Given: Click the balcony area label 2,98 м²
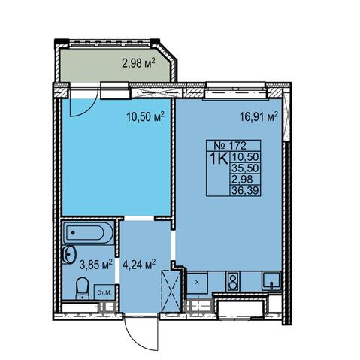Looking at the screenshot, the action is point(138,63).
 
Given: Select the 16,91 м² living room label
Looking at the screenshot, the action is point(259,116).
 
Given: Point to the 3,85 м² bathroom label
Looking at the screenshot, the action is point(95,265).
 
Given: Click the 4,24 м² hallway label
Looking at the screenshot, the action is point(139,265).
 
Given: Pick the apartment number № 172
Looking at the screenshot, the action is point(230,145).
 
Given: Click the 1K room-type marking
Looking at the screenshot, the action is point(219,159).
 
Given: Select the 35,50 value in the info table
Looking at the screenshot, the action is point(245,168).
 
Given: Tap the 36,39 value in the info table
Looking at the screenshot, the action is point(245,191).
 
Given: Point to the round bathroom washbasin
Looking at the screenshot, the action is point(69,255).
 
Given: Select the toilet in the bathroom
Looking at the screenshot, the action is point(83,288).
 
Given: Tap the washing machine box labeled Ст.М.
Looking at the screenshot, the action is point(104,292).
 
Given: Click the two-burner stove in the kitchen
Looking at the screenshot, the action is point(233,281).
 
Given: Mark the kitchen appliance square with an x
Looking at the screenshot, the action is point(198,283).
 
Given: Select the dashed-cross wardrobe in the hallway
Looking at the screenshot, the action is point(171,291).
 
